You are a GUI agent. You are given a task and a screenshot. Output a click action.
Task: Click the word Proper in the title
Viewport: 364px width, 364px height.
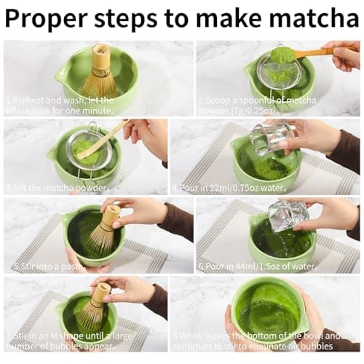(x=50, y=17)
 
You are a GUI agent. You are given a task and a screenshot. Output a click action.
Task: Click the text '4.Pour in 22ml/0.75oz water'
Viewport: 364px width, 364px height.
(x=232, y=187)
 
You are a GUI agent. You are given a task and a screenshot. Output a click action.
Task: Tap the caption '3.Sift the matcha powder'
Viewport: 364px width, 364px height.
(x=48, y=187)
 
